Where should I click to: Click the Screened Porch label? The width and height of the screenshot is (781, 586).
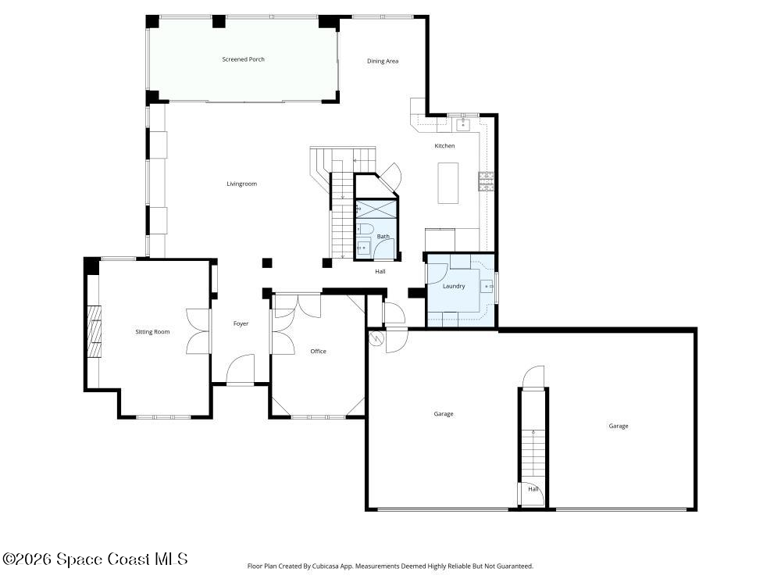click(243, 59)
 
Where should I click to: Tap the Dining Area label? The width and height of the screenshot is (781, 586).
click(383, 61)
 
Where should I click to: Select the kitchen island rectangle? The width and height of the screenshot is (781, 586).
click(448, 182)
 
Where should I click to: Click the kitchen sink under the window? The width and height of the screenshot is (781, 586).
click(463, 123)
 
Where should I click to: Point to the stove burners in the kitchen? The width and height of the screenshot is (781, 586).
click(486, 181)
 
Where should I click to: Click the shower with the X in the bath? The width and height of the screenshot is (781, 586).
click(376, 210)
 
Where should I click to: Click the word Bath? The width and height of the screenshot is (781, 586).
click(383, 236)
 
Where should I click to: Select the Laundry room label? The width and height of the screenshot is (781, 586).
click(454, 286)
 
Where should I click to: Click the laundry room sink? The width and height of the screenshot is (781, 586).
click(488, 287)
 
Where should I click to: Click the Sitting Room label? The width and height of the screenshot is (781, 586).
click(152, 332)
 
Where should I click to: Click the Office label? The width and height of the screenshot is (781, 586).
click(318, 352)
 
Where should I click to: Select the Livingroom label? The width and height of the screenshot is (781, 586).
click(241, 184)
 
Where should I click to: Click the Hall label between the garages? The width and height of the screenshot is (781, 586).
click(533, 489)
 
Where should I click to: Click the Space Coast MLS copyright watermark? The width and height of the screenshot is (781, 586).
click(95, 559)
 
